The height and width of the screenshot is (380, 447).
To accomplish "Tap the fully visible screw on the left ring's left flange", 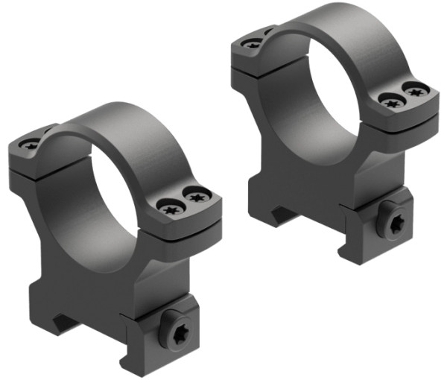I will pyautogui.click(x=31, y=144).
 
